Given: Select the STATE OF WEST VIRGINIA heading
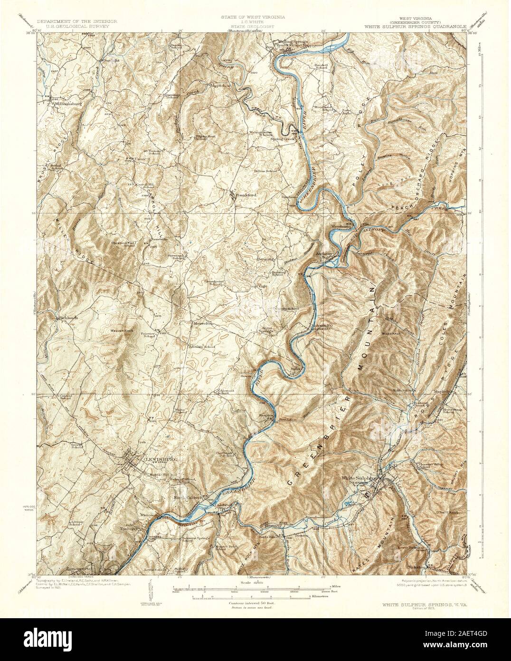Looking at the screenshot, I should [x=252, y=17].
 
